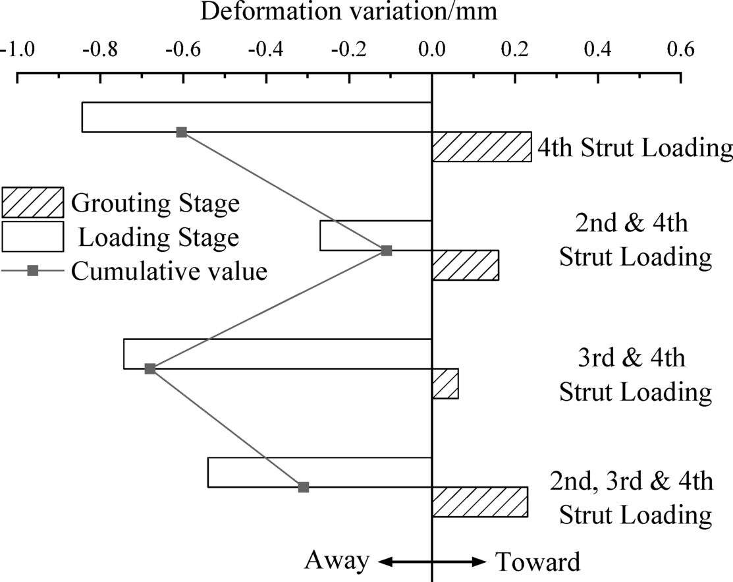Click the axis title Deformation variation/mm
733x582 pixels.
(348, 11)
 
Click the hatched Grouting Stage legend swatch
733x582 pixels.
(32, 202)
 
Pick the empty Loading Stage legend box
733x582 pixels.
(32, 237)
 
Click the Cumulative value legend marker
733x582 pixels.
(32, 271)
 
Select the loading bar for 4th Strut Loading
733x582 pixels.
(256, 117)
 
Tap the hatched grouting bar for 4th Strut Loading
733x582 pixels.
(481, 147)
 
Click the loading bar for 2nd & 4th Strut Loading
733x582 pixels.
(375, 235)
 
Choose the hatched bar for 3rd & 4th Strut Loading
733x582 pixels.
(445, 384)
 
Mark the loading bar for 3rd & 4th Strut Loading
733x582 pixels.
(277, 354)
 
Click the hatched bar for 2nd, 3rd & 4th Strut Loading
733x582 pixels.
(479, 502)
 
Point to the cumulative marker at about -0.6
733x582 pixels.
(182, 132)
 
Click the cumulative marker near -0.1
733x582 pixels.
(387, 250)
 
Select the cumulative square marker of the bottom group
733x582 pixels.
(303, 487)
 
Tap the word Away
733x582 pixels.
(337, 561)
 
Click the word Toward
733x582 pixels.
(537, 562)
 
